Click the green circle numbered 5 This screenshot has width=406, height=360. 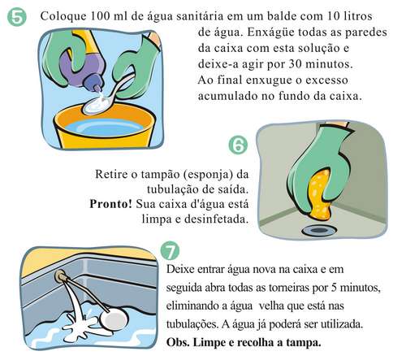(17, 16)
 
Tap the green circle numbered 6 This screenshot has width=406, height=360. (238, 145)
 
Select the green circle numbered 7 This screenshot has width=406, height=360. (170, 252)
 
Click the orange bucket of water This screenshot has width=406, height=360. (105, 128)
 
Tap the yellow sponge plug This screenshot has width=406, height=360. (319, 193)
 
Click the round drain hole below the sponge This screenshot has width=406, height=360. (319, 231)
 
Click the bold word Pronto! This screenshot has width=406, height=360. (111, 204)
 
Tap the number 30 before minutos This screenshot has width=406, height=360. (294, 64)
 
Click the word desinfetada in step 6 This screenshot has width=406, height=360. (216, 219)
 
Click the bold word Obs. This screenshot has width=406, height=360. (175, 342)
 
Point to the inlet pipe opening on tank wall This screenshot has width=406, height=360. (59, 276)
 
